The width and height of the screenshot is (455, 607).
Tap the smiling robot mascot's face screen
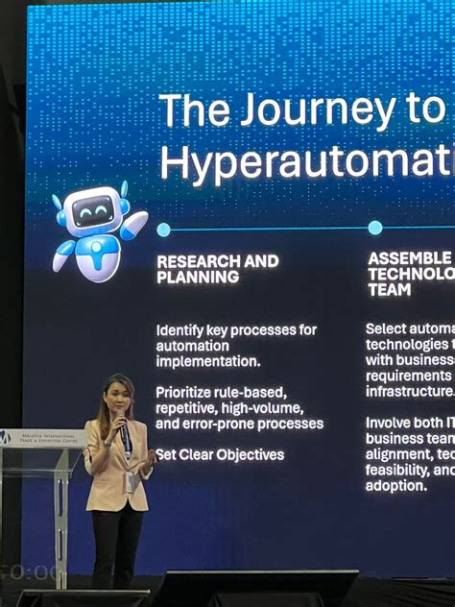(94, 210)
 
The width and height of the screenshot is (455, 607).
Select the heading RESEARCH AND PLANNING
(218, 269)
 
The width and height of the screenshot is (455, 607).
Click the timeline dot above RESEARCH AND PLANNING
(163, 230)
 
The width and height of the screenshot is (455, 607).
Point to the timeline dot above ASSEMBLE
(375, 228)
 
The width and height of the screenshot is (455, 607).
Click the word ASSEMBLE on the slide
(409, 258)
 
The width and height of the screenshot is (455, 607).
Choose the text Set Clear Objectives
(220, 454)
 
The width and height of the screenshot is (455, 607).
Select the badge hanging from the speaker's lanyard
(129, 481)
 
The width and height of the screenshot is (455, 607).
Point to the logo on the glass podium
(7, 438)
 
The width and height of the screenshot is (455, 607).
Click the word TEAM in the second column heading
(389, 289)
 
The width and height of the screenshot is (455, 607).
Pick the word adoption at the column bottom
(395, 486)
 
